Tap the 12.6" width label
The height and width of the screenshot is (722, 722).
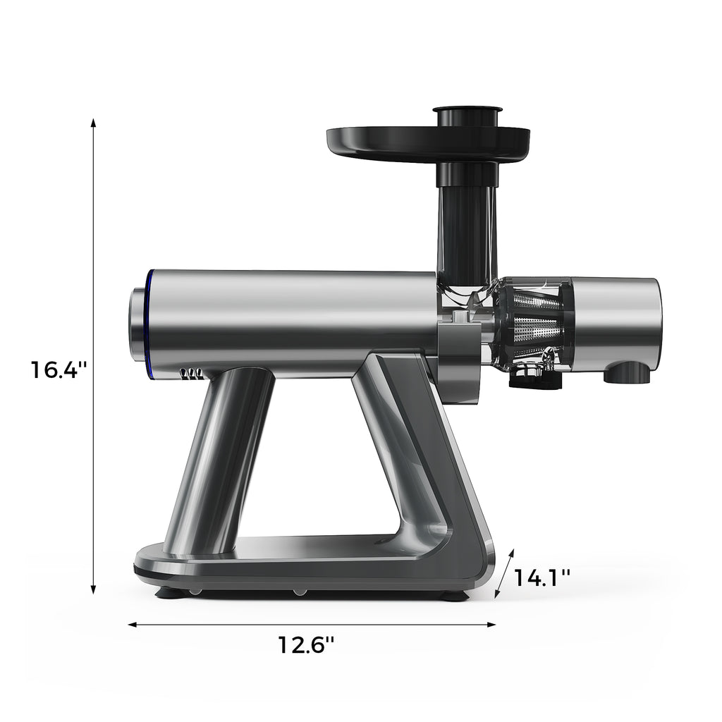pos(305,644)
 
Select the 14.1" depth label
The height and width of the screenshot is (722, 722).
pos(541,577)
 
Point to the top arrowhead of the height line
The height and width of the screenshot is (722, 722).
pos(93,123)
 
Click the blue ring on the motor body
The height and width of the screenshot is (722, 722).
pos(149,321)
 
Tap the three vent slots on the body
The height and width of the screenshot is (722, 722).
pos(191,374)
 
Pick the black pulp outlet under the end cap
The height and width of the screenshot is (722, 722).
pos(628,374)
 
